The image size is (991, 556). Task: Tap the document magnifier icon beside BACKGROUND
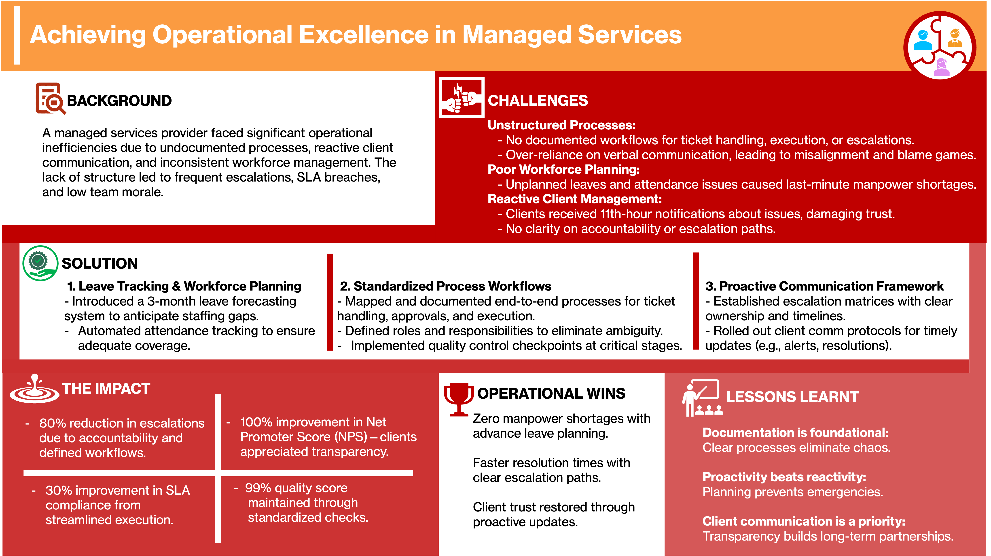tap(50, 98)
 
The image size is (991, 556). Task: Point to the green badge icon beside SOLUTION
tap(40, 263)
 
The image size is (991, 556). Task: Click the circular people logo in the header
tap(940, 45)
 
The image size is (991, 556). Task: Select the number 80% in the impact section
tap(53, 423)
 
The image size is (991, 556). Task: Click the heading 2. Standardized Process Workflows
tap(445, 286)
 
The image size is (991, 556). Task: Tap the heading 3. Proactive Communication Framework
tap(824, 286)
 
